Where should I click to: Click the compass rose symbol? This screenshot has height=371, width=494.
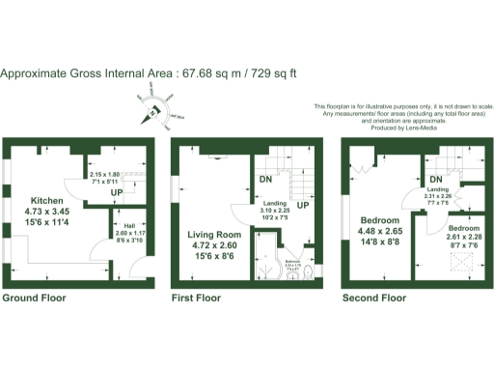tap(152, 112)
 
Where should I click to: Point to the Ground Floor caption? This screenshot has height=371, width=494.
tap(34, 299)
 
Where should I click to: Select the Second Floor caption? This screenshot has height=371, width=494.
tap(374, 299)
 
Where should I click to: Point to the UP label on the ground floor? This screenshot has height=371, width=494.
tap(117, 192)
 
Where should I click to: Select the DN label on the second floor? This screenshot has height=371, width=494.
tap(436, 181)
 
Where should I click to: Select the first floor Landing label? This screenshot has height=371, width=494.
tap(279, 203)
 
